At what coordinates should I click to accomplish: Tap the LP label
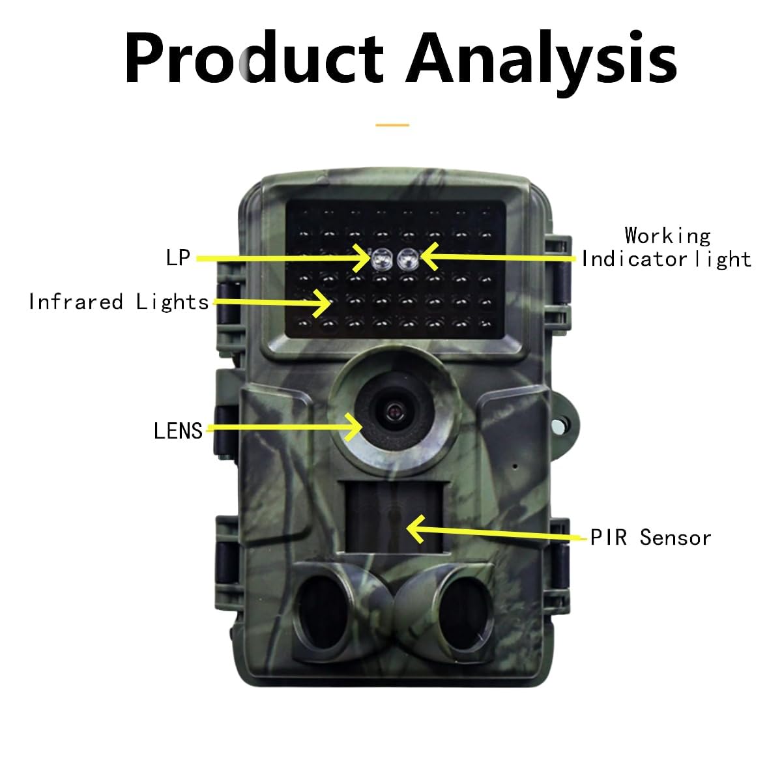178,257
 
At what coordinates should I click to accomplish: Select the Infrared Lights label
119,302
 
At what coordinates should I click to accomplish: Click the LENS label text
178,431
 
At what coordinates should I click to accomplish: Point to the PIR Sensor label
650,538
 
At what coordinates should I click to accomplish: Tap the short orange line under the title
392,125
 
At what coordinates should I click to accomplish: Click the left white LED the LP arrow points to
382,259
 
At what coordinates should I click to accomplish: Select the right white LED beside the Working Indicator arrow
408,259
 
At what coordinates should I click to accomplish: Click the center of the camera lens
393,413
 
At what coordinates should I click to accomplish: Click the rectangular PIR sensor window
393,517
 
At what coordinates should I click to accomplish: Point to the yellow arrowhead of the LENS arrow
354,427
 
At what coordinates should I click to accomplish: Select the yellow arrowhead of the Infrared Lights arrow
323,303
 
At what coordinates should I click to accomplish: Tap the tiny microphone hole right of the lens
515,467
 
